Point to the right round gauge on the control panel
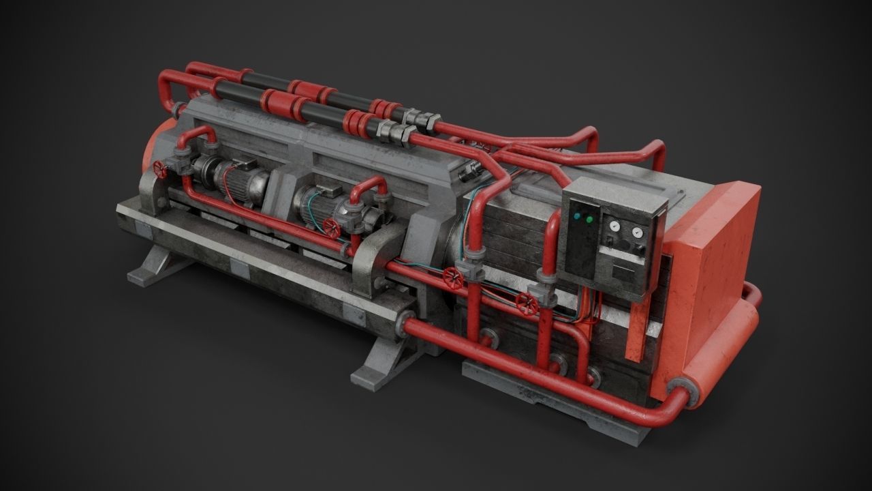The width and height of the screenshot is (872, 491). (637, 233)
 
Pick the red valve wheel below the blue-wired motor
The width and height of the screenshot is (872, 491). (332, 228)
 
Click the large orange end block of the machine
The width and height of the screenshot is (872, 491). (712, 286)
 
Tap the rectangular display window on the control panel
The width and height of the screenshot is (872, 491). (623, 273)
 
